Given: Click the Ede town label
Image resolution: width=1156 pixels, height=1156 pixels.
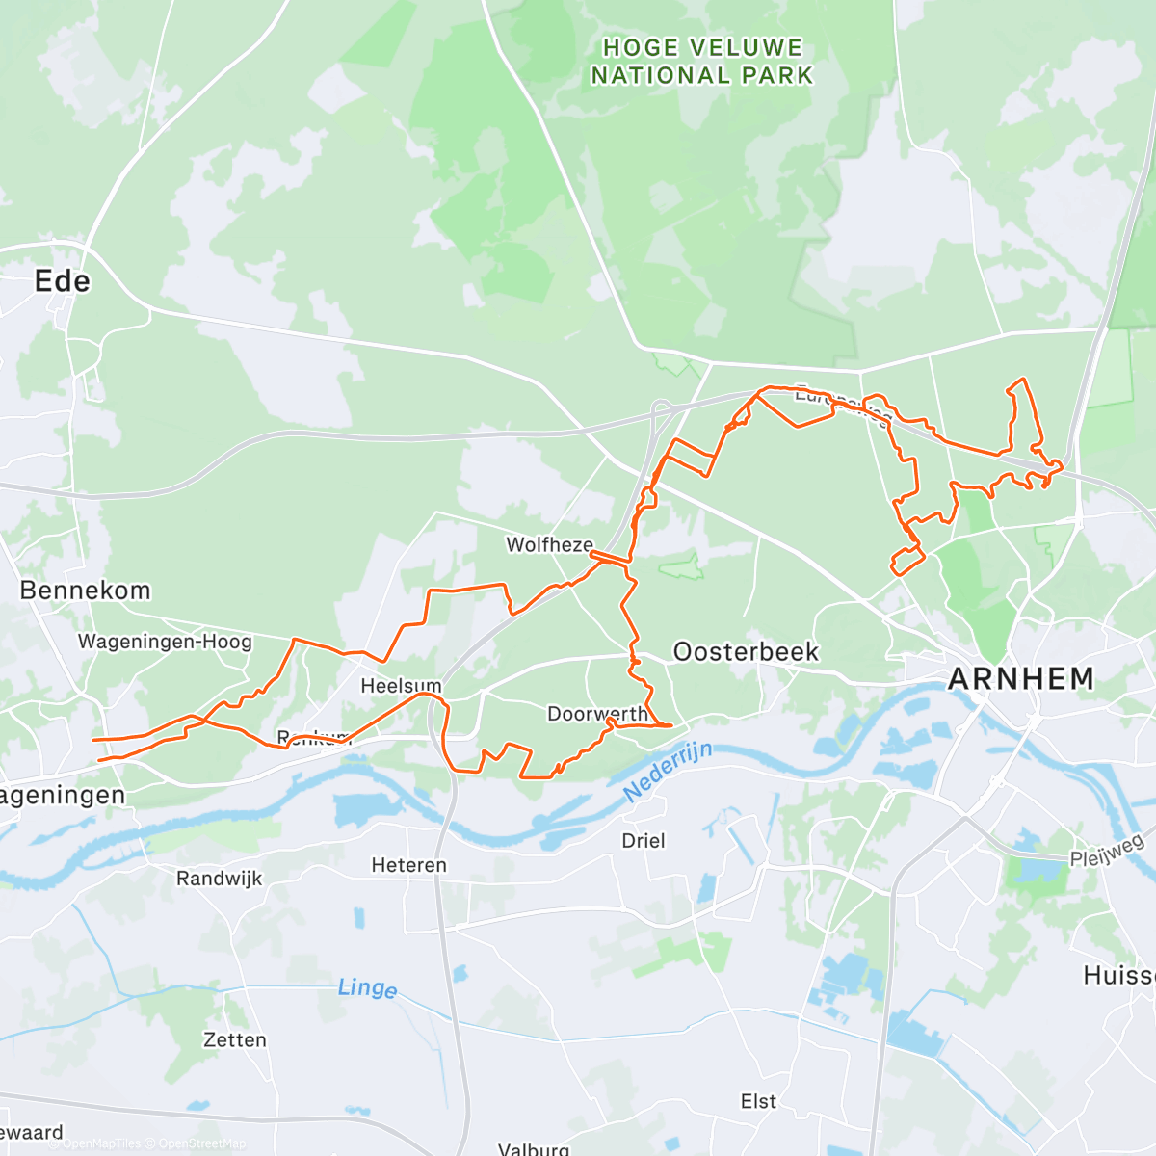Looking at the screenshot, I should [x=63, y=281].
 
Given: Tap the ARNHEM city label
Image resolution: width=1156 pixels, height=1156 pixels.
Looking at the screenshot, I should [x=1021, y=679].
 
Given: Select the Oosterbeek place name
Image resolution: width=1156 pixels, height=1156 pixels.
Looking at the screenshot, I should [x=746, y=652].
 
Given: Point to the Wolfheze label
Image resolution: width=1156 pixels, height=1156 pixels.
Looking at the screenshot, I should [x=550, y=545].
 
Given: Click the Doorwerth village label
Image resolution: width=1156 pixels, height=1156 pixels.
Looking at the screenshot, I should [x=597, y=714].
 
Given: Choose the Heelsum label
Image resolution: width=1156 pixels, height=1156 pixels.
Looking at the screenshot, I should [x=401, y=686].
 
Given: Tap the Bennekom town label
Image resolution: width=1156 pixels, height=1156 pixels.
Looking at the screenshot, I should [x=85, y=591].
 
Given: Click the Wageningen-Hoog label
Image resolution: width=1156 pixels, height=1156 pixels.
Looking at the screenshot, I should [x=165, y=642].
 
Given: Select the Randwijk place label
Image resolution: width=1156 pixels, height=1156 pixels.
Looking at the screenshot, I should [x=219, y=879].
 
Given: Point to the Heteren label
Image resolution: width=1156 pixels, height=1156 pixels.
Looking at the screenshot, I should [x=409, y=865].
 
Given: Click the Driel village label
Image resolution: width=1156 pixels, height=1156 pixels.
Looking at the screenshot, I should [x=644, y=841].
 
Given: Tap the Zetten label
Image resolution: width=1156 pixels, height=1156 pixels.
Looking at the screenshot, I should [x=235, y=1040].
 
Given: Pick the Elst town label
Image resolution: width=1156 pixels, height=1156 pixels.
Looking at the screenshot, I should [x=758, y=1101].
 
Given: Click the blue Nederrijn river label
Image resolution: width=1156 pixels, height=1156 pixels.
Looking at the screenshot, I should [x=668, y=772].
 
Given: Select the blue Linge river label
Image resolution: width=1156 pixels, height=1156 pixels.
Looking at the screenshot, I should [x=367, y=988].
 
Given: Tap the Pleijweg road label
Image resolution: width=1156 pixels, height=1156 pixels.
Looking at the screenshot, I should [x=1107, y=850].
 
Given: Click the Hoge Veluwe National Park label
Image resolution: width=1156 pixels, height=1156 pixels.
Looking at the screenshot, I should [x=702, y=62].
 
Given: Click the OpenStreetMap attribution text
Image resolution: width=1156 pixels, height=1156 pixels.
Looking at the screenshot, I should [x=201, y=1143].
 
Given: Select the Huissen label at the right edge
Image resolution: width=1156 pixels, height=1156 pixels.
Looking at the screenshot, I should [x=1119, y=976].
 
